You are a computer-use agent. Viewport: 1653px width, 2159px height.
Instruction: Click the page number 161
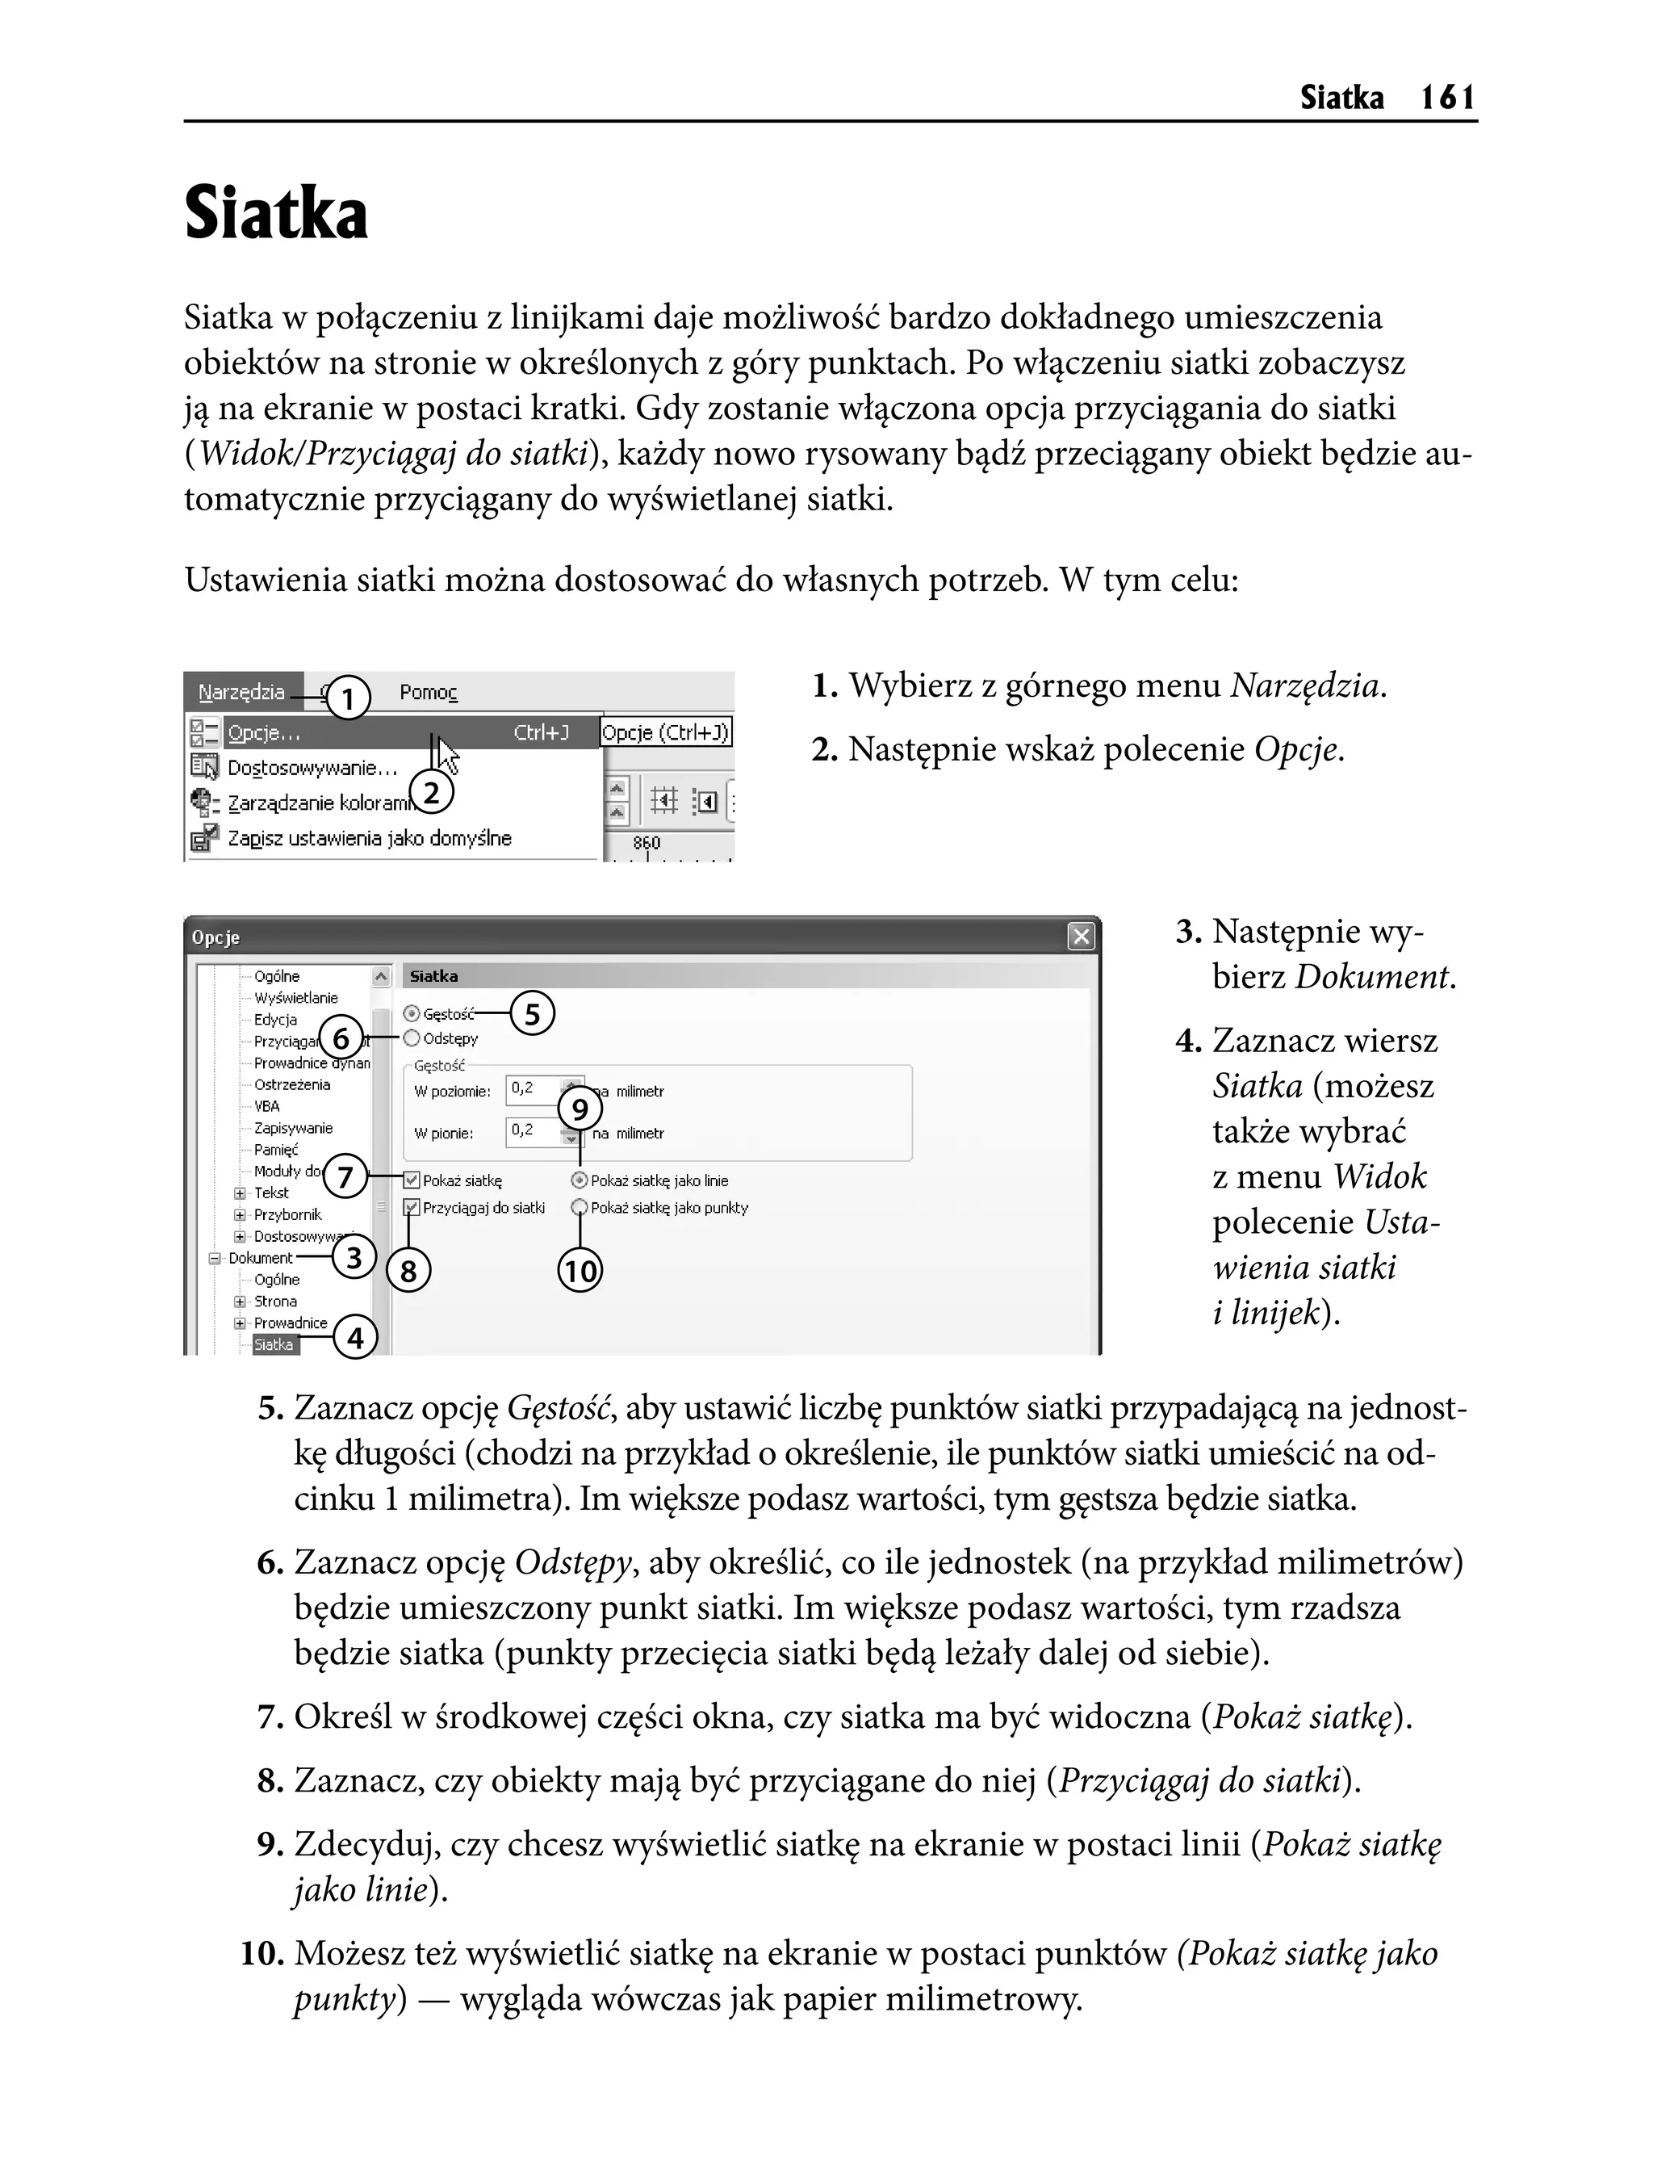(x=1447, y=98)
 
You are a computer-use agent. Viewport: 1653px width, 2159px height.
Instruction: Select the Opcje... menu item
(x=264, y=733)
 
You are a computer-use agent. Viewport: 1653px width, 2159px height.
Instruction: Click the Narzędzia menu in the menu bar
(x=241, y=692)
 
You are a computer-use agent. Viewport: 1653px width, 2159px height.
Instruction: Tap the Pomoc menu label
(x=428, y=693)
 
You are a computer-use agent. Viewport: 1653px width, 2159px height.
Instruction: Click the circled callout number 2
(x=431, y=793)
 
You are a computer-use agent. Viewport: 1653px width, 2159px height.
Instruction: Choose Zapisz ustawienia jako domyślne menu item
(x=369, y=838)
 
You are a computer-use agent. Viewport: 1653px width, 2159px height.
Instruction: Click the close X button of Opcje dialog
(x=1081, y=937)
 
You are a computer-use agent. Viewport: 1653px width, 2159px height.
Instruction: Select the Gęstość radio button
(x=412, y=1013)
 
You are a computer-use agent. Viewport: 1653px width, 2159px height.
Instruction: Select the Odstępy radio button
(x=412, y=1038)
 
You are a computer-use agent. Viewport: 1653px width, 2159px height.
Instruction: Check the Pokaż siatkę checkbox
(x=412, y=1180)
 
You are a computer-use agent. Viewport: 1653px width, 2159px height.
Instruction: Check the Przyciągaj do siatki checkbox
(x=412, y=1207)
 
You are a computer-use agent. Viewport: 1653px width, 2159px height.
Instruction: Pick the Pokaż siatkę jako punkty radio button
(x=580, y=1207)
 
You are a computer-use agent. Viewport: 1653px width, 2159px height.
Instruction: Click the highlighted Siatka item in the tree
(x=274, y=1344)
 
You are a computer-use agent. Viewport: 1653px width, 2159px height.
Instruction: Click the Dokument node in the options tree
(x=260, y=1258)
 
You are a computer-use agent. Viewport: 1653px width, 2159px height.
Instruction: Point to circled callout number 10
(x=580, y=1272)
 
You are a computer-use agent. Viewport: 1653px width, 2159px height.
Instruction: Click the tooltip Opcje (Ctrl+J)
(x=665, y=733)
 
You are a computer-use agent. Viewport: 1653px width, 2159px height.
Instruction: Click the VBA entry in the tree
(x=266, y=1106)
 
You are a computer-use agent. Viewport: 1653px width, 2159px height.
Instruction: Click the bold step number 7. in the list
(x=270, y=1717)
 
